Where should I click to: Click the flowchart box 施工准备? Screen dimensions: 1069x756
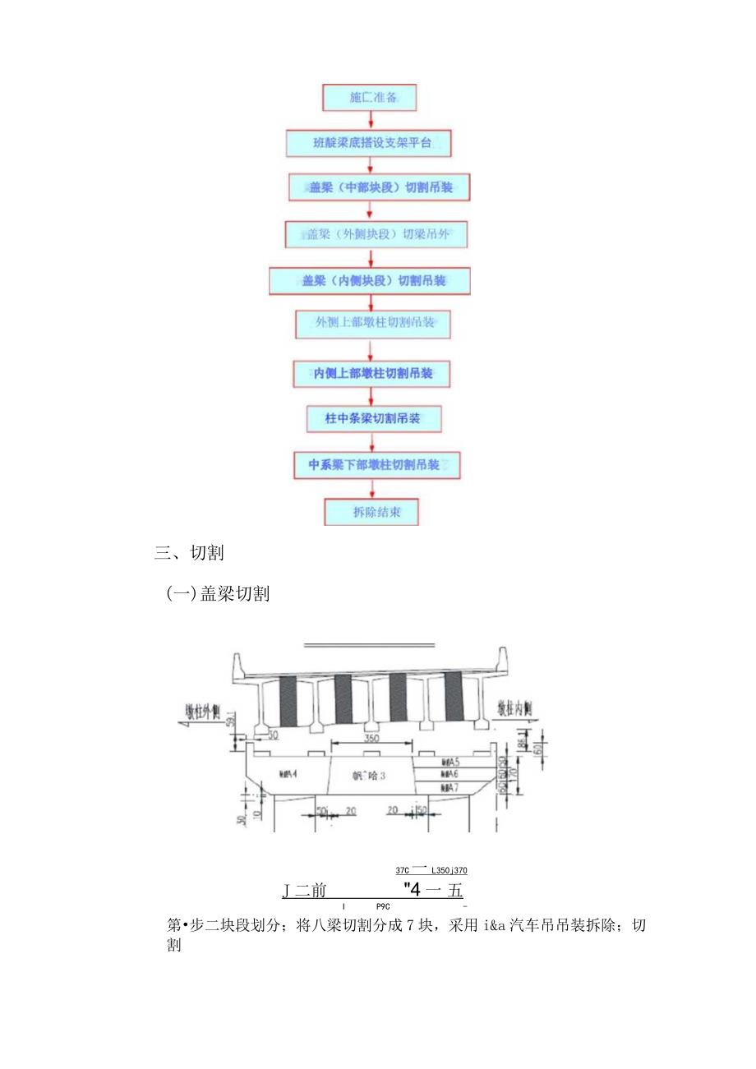pyautogui.click(x=370, y=98)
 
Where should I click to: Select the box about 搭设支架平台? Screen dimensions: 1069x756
pyautogui.click(x=370, y=143)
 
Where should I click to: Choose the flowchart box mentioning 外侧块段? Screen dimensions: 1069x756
pyautogui.click(x=376, y=234)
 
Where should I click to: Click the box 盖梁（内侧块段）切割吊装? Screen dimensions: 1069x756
pyautogui.click(x=370, y=281)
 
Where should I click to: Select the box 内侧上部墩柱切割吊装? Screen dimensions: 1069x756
pyautogui.click(x=373, y=374)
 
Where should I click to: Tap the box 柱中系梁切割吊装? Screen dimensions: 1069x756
pyautogui.click(x=373, y=419)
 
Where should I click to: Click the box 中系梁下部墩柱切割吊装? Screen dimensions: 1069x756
pyautogui.click(x=376, y=465)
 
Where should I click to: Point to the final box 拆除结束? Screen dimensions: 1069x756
pyautogui.click(x=373, y=512)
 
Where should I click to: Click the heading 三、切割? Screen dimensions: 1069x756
pyautogui.click(x=189, y=553)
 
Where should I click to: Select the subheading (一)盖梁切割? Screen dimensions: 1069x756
pyautogui.click(x=219, y=594)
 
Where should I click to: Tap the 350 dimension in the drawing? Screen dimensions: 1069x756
pyautogui.click(x=372, y=739)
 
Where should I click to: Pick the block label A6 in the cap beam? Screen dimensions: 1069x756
pyautogui.click(x=449, y=774)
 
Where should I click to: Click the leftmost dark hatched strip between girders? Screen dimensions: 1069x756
pyautogui.click(x=288, y=700)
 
